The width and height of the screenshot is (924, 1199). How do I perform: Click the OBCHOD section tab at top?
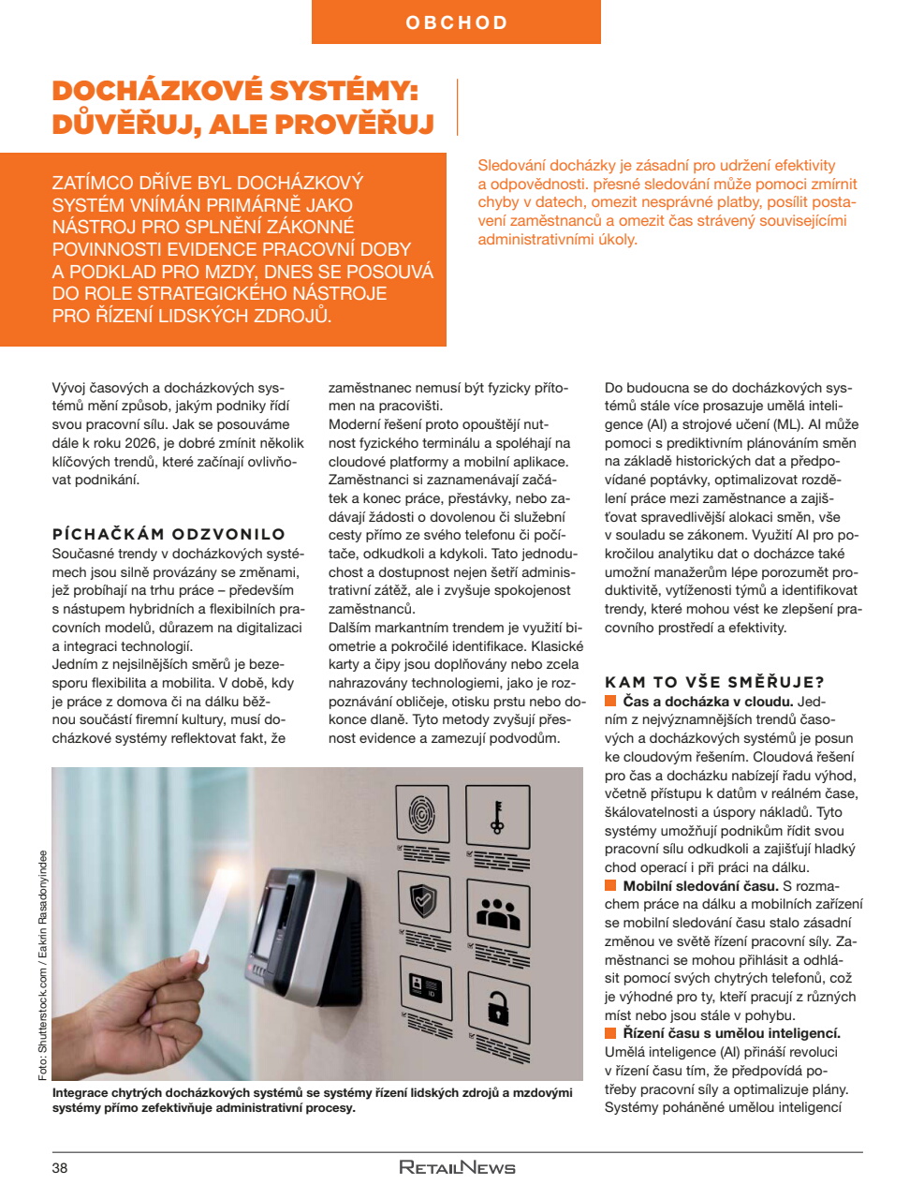pyautogui.click(x=456, y=22)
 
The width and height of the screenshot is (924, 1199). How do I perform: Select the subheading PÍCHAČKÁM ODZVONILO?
pyautogui.click(x=169, y=534)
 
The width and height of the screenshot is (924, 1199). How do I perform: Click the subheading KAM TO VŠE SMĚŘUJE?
pyautogui.click(x=714, y=682)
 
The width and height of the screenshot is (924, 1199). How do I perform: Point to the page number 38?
pyautogui.click(x=60, y=1167)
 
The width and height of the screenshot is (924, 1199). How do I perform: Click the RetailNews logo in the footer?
pyautogui.click(x=457, y=1167)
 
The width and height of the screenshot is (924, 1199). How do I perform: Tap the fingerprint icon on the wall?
pyautogui.click(x=422, y=813)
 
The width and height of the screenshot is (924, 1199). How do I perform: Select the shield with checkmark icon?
pyautogui.click(x=423, y=899)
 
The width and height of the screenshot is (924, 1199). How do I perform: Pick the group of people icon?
pyautogui.click(x=498, y=911)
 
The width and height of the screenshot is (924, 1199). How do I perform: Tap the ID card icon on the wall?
pyautogui.click(x=425, y=985)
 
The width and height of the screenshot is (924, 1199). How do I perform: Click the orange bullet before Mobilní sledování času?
pyautogui.click(x=610, y=886)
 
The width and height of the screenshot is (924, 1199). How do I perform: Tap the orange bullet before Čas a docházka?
pyautogui.click(x=610, y=702)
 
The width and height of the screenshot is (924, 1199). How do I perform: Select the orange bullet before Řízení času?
pyautogui.click(x=610, y=1033)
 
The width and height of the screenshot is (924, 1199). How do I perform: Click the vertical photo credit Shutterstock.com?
pyautogui.click(x=43, y=965)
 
